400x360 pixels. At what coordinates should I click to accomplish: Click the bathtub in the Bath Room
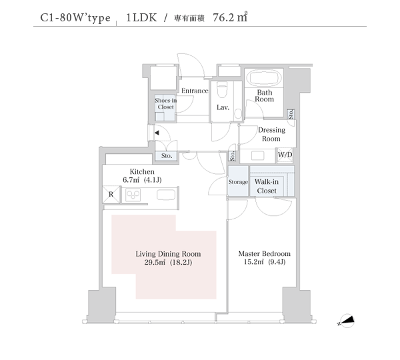(264, 77)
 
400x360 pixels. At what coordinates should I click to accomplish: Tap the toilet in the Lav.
(221, 90)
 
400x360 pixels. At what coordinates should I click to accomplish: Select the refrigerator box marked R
(111, 195)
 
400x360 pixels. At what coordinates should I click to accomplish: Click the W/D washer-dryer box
(285, 155)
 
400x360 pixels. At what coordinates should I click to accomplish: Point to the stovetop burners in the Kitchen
(133, 195)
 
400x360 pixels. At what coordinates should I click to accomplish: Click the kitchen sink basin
(166, 195)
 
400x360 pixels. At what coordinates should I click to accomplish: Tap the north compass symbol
(346, 321)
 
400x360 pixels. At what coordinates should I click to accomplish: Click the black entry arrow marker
(157, 133)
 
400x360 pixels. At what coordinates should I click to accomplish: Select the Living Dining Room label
(168, 254)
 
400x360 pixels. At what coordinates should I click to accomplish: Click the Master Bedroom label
(264, 253)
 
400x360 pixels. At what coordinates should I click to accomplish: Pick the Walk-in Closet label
(267, 186)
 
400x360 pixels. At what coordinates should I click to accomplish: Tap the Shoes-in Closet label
(165, 103)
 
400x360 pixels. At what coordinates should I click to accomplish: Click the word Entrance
(195, 91)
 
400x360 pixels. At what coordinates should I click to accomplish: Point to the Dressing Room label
(271, 134)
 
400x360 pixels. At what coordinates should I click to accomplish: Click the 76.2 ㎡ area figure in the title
(230, 17)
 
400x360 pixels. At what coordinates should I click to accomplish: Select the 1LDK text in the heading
(141, 17)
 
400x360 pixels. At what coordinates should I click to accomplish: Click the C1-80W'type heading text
(75, 18)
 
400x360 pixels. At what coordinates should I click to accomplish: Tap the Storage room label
(238, 182)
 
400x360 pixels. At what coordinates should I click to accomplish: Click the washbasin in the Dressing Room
(257, 155)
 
